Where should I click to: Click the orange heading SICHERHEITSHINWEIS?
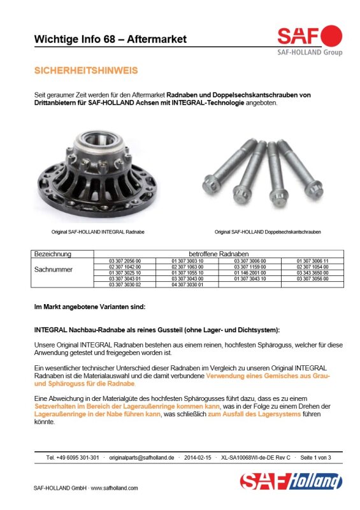click(86, 71)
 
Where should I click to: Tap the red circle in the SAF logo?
click(331, 36)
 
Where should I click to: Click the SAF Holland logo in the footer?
click(291, 481)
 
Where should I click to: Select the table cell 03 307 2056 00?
click(125, 261)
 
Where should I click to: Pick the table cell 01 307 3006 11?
click(312, 261)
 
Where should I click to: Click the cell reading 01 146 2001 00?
click(250, 273)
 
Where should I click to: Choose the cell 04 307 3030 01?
click(187, 284)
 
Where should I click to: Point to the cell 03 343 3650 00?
click(312, 273)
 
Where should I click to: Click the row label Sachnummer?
click(54, 269)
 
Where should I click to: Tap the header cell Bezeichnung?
click(53, 254)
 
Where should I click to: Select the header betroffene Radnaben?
click(219, 254)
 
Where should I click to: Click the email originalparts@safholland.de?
click(141, 458)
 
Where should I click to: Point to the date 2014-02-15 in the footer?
click(198, 458)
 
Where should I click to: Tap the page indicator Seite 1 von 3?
click(315, 458)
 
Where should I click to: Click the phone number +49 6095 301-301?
click(77, 458)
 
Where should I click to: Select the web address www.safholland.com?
click(114, 488)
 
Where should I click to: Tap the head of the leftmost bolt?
click(212, 186)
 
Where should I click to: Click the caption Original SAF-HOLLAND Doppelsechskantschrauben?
click(268, 232)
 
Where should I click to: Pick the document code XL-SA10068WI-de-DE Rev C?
click(256, 458)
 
